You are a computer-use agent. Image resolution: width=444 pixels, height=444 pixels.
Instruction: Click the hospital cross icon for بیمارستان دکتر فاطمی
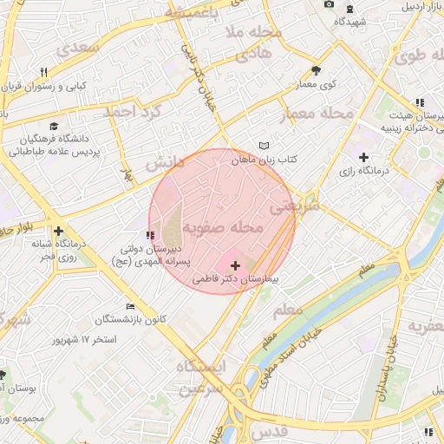pos(235,264)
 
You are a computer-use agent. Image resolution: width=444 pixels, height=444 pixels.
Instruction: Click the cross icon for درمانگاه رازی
pos(363,158)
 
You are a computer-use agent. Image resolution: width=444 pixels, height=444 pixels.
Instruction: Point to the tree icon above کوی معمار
pos(315,71)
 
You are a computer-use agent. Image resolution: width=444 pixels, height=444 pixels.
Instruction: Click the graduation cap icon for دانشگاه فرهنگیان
pos(55,126)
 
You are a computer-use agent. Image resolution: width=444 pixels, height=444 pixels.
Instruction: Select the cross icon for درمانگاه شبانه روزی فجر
pos(58,231)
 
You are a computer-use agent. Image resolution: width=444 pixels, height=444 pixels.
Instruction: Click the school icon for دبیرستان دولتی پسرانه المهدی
pos(151,235)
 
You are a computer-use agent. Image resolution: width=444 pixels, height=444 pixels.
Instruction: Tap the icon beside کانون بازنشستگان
pos(130,306)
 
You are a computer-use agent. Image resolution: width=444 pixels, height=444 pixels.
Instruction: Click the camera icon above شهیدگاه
pos(329,5)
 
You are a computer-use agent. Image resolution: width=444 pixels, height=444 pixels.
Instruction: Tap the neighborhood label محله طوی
pos(420,56)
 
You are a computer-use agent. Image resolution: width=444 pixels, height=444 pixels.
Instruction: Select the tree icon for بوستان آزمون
pos(3,375)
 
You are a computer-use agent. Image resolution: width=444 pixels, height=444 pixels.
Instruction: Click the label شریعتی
pos(296,206)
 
